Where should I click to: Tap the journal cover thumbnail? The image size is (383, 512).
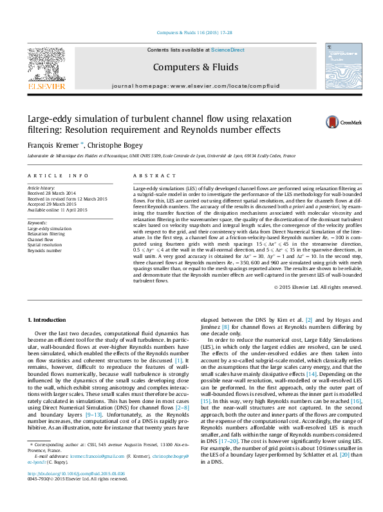coord(342,68)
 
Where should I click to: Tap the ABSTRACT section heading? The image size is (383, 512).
coord(150,175)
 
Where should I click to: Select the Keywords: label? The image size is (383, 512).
coord(37,223)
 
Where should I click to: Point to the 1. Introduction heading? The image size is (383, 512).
coord(48,320)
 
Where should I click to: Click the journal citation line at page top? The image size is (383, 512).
coord(191,34)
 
